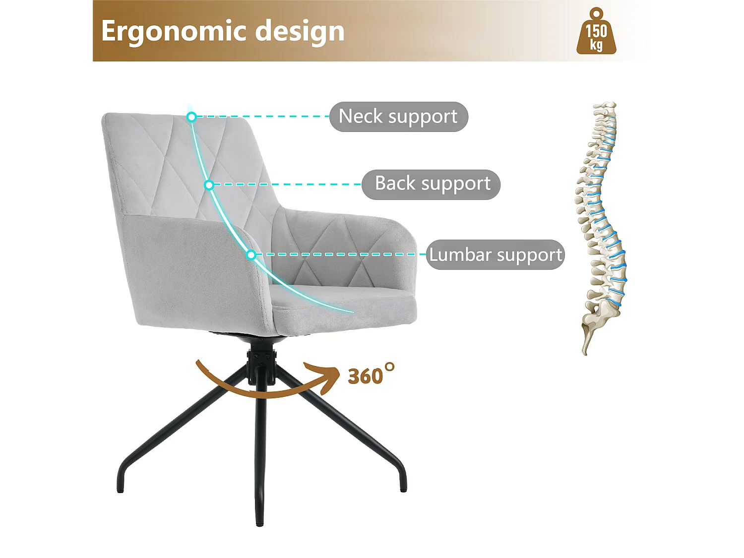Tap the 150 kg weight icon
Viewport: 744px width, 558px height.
click(x=596, y=32)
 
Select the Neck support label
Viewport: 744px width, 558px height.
click(x=398, y=117)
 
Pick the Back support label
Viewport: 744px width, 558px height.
click(x=431, y=184)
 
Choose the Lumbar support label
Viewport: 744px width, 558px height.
click(x=495, y=254)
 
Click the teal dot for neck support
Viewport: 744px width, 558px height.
click(x=191, y=117)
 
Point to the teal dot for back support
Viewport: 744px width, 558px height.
click(x=209, y=185)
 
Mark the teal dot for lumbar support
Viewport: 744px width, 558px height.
click(x=251, y=255)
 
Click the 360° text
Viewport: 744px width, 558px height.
click(x=370, y=375)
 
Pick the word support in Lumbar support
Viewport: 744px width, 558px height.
click(x=529, y=255)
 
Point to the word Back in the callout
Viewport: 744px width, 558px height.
click(x=395, y=184)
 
